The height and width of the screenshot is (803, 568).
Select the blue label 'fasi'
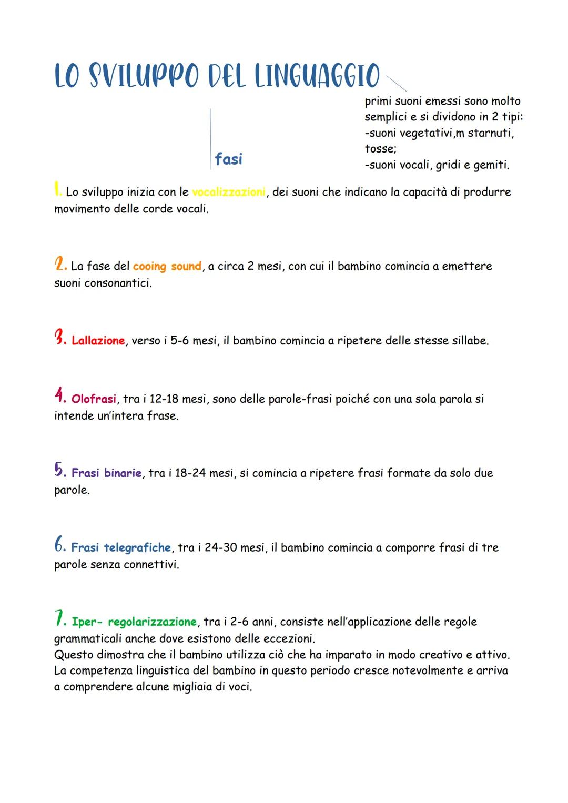point(228,158)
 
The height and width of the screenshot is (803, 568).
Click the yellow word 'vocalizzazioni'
point(229,192)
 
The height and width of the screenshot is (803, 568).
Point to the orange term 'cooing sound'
point(167,266)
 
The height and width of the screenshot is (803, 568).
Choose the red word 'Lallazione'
point(98,341)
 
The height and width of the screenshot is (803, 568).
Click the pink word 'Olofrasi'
point(94,399)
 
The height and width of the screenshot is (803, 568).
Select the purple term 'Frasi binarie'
point(106,473)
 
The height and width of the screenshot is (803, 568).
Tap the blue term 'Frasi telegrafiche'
point(121,548)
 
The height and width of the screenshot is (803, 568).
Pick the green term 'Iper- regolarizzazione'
point(134,622)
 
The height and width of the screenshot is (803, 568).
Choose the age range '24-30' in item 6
point(220,548)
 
